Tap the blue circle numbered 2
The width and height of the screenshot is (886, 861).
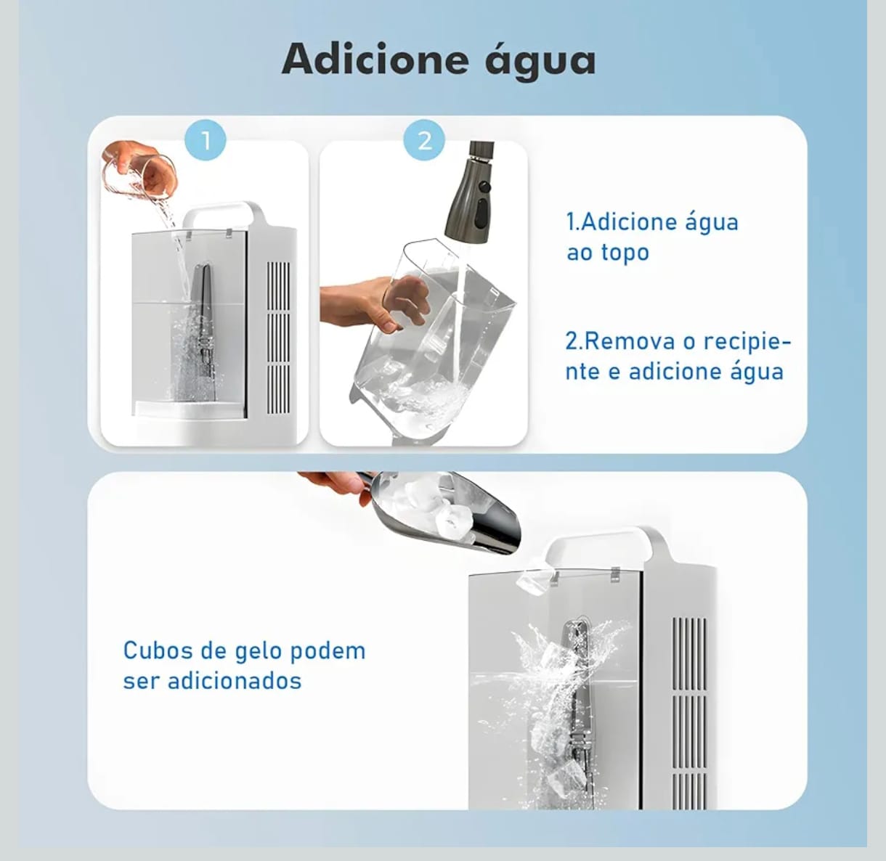424,141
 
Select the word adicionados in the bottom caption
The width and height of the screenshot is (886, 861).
235,681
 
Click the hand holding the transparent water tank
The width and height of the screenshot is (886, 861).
373,303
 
